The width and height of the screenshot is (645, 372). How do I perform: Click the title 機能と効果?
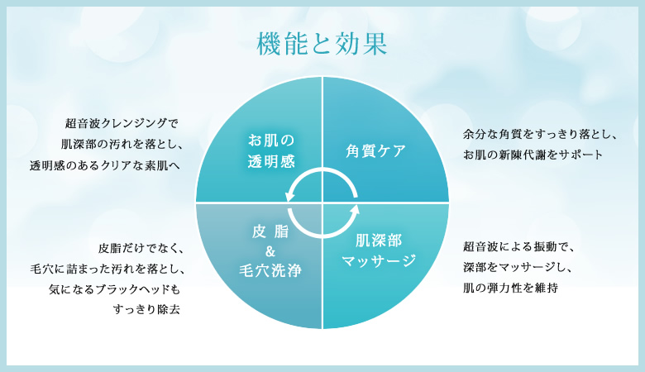click(x=322, y=44)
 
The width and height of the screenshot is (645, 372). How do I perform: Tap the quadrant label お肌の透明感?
click(x=271, y=150)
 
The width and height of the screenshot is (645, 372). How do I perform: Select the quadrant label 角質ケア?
click(x=375, y=150)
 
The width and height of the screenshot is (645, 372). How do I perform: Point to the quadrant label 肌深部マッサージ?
click(x=379, y=250)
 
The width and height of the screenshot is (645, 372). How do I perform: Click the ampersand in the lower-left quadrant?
click(x=270, y=250)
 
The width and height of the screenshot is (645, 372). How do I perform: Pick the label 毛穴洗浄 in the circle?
click(x=270, y=270)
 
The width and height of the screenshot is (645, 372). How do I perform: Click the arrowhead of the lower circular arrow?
click(x=355, y=210)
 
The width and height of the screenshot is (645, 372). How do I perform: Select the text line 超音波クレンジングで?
click(x=122, y=123)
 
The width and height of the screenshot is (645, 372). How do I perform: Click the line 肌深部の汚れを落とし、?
click(x=122, y=144)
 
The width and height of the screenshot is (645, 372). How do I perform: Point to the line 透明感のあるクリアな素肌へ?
click(x=105, y=165)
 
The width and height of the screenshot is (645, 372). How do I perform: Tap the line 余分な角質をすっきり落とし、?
click(x=540, y=134)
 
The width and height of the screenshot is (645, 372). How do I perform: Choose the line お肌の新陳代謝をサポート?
click(x=533, y=155)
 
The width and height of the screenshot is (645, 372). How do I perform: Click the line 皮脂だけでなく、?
click(x=141, y=248)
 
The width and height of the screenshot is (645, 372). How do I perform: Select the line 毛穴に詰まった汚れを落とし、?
click(x=107, y=269)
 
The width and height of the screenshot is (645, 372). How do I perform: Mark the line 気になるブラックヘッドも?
click(x=114, y=289)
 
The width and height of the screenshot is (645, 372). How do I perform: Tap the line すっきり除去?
click(x=146, y=309)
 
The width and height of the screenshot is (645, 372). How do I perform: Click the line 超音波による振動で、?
click(x=518, y=246)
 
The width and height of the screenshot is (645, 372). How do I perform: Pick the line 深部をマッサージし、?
click(x=518, y=267)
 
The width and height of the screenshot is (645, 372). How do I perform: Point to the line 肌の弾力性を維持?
click(x=510, y=288)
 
